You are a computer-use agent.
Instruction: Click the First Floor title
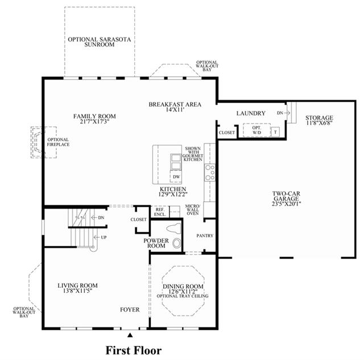pos(134,350)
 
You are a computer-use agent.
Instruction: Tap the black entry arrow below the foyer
pos(130,335)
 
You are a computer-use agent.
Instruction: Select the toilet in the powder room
pos(174,228)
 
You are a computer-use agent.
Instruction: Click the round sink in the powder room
pos(177,243)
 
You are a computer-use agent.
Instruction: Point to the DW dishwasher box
pos(176,177)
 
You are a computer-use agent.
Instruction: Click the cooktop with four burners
pos(210,172)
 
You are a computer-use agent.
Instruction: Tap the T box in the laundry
pos(275,132)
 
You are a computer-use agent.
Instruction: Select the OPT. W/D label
pos(257,130)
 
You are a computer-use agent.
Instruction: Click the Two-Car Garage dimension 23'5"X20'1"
pos(286,204)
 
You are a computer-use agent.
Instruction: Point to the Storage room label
pos(319,118)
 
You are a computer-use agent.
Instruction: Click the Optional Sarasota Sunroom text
pos(100,42)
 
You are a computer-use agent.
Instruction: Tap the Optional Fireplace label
pos(58,142)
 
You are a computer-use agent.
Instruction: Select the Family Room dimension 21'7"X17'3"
pos(94,121)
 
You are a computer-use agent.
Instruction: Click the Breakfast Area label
pos(175,105)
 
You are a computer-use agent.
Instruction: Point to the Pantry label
pos(205,235)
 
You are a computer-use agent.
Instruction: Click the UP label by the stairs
pos(104,237)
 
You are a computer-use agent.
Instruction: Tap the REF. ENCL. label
pos(160,212)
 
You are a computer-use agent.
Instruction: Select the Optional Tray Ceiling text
pos(183,296)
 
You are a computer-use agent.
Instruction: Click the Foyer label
pos(130,309)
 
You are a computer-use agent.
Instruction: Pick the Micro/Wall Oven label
pos(192,210)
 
